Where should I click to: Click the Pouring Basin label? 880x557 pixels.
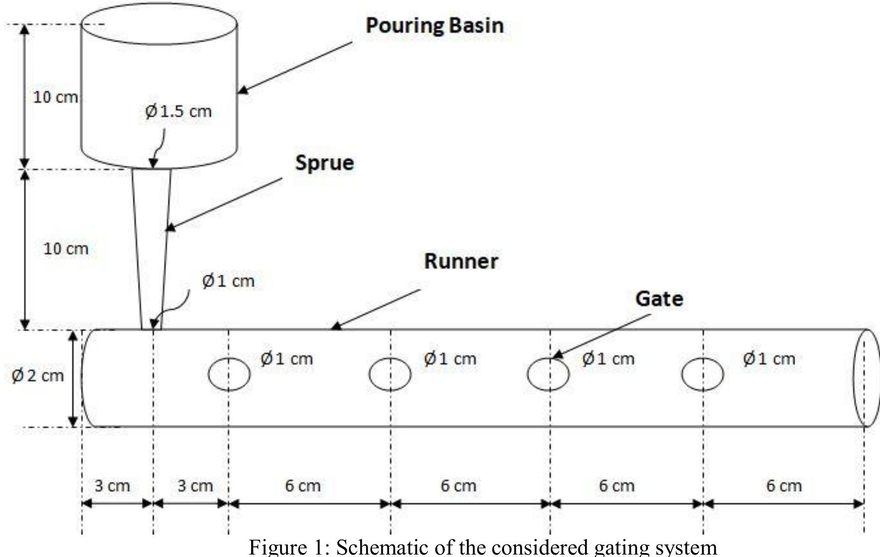(x=435, y=26)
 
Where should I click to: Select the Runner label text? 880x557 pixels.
(x=461, y=261)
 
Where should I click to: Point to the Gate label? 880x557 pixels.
(x=659, y=298)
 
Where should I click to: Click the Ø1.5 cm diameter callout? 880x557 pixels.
(x=178, y=111)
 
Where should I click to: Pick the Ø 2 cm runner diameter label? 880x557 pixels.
(x=38, y=375)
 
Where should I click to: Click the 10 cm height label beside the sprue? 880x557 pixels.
(x=66, y=249)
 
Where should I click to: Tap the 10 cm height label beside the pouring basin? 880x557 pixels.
(x=55, y=97)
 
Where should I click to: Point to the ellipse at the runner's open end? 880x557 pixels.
(x=853, y=378)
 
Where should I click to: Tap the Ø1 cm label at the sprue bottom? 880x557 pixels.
(x=228, y=281)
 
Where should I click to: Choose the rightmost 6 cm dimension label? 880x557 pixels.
(x=784, y=485)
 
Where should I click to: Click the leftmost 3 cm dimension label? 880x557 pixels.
(x=112, y=485)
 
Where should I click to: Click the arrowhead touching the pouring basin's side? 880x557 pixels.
(x=242, y=90)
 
